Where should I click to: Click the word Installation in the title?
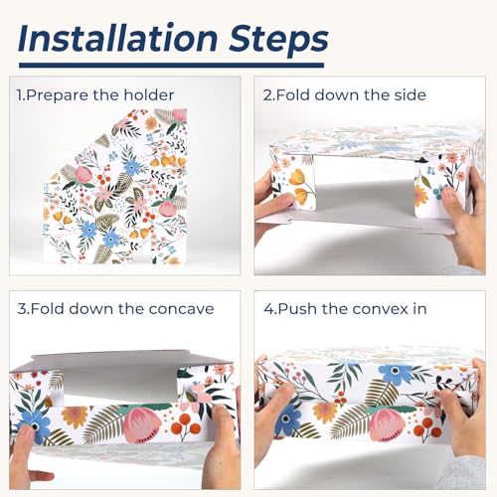pos(117,38)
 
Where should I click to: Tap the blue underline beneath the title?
pos(171,65)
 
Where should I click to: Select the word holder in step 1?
pos(149,95)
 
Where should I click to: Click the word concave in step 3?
pos(181,309)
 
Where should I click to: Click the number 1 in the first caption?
pos(20,95)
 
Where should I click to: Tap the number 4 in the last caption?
pos(267,309)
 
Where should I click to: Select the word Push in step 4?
pos(297,309)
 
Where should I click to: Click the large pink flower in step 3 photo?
pos(142,425)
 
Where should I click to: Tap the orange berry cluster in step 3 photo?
pos(187,425)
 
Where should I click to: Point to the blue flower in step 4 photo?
pos(395,375)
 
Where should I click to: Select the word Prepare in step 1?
pos(58,95)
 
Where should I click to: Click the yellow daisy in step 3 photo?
pos(75,416)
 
